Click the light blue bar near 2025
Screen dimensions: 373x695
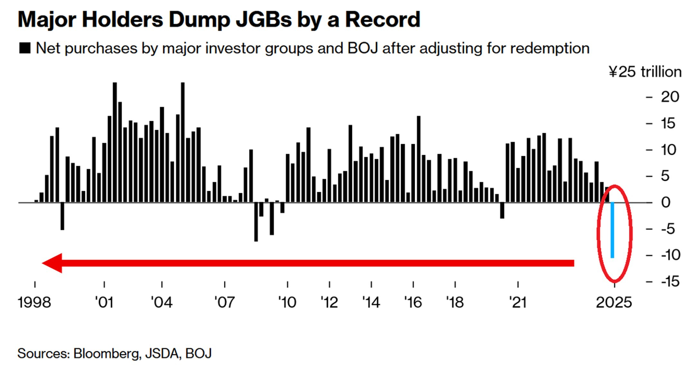[x=612, y=230]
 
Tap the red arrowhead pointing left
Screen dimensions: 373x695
[x=53, y=263]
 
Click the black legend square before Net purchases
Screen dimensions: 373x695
[x=25, y=48]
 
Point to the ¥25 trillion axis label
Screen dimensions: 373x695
[x=645, y=72]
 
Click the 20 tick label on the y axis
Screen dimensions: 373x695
[x=670, y=97]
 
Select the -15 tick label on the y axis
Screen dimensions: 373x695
[x=670, y=281]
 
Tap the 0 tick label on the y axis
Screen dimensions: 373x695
[x=666, y=202]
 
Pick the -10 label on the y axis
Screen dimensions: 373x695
[x=671, y=255]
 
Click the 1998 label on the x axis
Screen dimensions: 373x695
[x=34, y=302]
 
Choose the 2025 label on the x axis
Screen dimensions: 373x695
[x=614, y=302]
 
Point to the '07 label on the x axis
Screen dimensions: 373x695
[x=225, y=302]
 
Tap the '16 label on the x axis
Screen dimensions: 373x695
[x=413, y=302]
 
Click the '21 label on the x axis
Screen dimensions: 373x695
[x=518, y=302]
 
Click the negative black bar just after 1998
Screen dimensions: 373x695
[x=62, y=216]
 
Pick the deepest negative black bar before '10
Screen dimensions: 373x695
[x=256, y=222]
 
